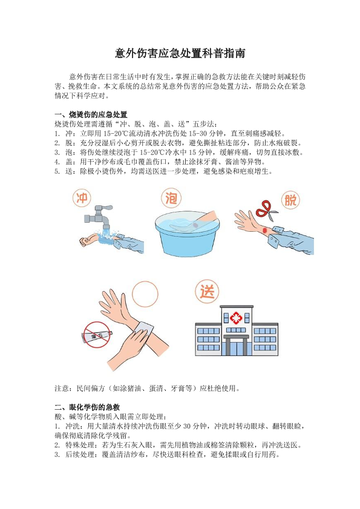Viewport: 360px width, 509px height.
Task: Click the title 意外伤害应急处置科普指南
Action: pyautogui.click(x=180, y=53)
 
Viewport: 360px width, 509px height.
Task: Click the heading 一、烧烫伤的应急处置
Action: pyautogui.click(x=91, y=114)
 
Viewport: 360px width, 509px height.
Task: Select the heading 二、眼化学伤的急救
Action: pyautogui.click(x=87, y=407)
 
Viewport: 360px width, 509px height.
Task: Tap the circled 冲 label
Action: pyautogui.click(x=82, y=198)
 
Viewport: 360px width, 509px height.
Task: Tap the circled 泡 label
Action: pyautogui.click(x=171, y=198)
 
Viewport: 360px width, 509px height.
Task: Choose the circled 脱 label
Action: pyautogui.click(x=290, y=200)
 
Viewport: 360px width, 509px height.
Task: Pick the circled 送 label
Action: pyautogui.click(x=207, y=291)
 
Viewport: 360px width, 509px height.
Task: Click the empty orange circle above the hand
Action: pyautogui.click(x=145, y=294)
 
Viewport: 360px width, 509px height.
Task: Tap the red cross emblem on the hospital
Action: pyautogui.click(x=236, y=318)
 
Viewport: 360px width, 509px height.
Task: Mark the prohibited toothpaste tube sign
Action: pyautogui.click(x=97, y=335)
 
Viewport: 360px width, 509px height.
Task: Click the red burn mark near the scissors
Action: pyautogui.click(x=264, y=230)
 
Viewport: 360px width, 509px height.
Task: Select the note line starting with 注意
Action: pyautogui.click(x=147, y=388)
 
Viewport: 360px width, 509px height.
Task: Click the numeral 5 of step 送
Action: pyautogui.click(x=57, y=171)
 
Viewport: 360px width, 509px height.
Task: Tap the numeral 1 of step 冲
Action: pyautogui.click(x=57, y=133)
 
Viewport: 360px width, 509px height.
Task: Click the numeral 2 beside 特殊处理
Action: pyautogui.click(x=57, y=445)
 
